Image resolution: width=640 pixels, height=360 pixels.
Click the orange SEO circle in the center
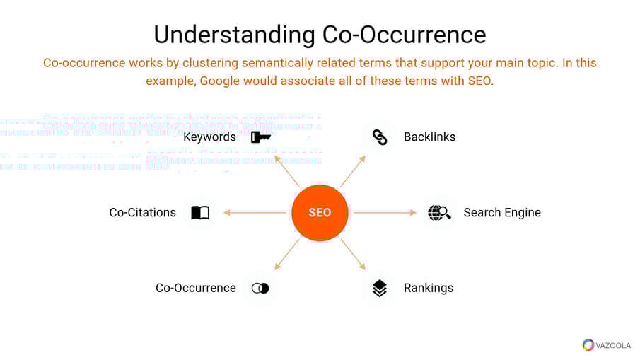[320, 213]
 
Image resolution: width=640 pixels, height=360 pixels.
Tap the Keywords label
[209, 137]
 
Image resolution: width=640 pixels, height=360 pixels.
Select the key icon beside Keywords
[260, 137]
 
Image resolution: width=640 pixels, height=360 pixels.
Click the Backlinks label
[429, 137]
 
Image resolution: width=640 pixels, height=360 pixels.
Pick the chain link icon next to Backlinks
[380, 137]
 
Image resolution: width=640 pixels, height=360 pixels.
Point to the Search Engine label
[501, 212]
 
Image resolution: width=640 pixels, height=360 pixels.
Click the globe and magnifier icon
[439, 212]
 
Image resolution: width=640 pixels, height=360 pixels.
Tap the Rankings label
[428, 288]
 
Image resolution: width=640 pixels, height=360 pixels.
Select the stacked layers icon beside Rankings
[380, 288]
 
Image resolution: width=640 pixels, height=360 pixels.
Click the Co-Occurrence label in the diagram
[196, 288]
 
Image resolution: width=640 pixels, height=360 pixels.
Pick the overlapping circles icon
[260, 288]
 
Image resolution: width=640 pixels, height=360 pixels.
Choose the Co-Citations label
[142, 212]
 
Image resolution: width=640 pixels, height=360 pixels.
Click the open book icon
[200, 212]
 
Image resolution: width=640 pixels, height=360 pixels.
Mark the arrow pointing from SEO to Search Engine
[385, 212]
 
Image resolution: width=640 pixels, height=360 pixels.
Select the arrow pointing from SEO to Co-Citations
[255, 212]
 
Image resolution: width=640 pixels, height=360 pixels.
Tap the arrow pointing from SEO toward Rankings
[353, 254]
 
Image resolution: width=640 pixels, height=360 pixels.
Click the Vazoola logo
[607, 344]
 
